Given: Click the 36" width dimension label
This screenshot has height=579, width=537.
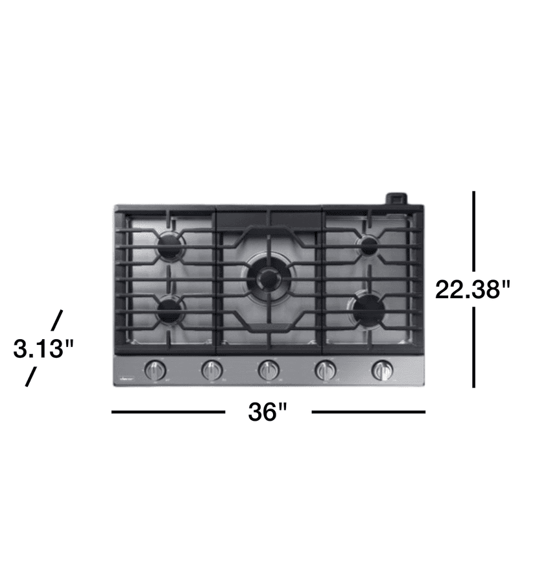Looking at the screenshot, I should tap(267, 412).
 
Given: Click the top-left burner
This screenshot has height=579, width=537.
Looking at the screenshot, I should tap(172, 246).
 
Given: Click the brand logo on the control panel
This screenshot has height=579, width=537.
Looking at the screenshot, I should tap(126, 377).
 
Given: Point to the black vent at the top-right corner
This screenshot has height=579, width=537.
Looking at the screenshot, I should tap(397, 198).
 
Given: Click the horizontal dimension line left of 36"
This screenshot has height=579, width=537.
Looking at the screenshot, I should tap(169, 412).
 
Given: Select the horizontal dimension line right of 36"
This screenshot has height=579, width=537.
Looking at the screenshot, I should tap(368, 412).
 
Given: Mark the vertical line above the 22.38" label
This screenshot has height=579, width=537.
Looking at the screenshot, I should tap(474, 230).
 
